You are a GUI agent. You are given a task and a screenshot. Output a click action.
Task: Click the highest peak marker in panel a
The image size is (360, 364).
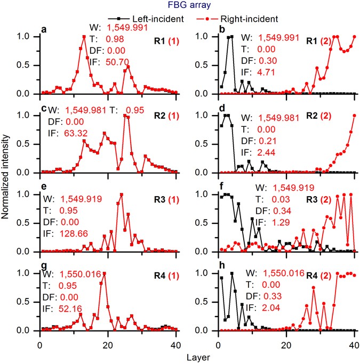pos(84,37)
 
